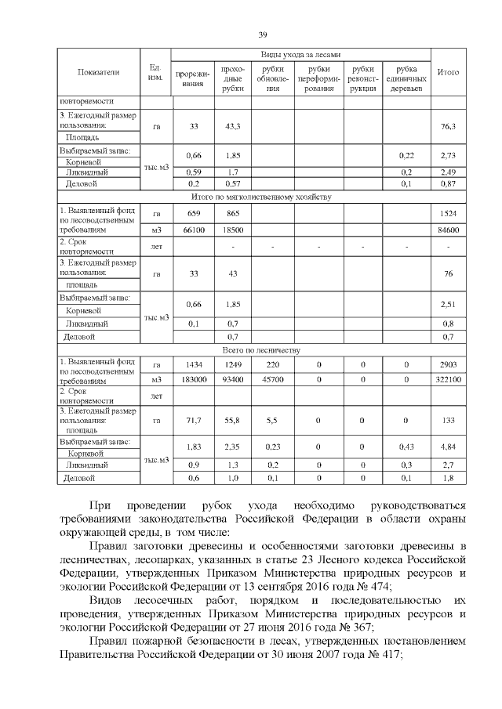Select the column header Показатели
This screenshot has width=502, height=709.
point(98,72)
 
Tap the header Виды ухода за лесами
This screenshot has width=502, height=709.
point(301,55)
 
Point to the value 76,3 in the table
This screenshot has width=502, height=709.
point(449,125)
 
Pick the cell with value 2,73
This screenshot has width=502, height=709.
point(449,155)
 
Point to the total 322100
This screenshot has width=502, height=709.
point(449,379)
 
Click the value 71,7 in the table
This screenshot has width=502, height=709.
point(193,421)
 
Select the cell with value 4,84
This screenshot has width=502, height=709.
point(449,447)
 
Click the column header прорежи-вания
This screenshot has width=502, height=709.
point(193,79)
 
